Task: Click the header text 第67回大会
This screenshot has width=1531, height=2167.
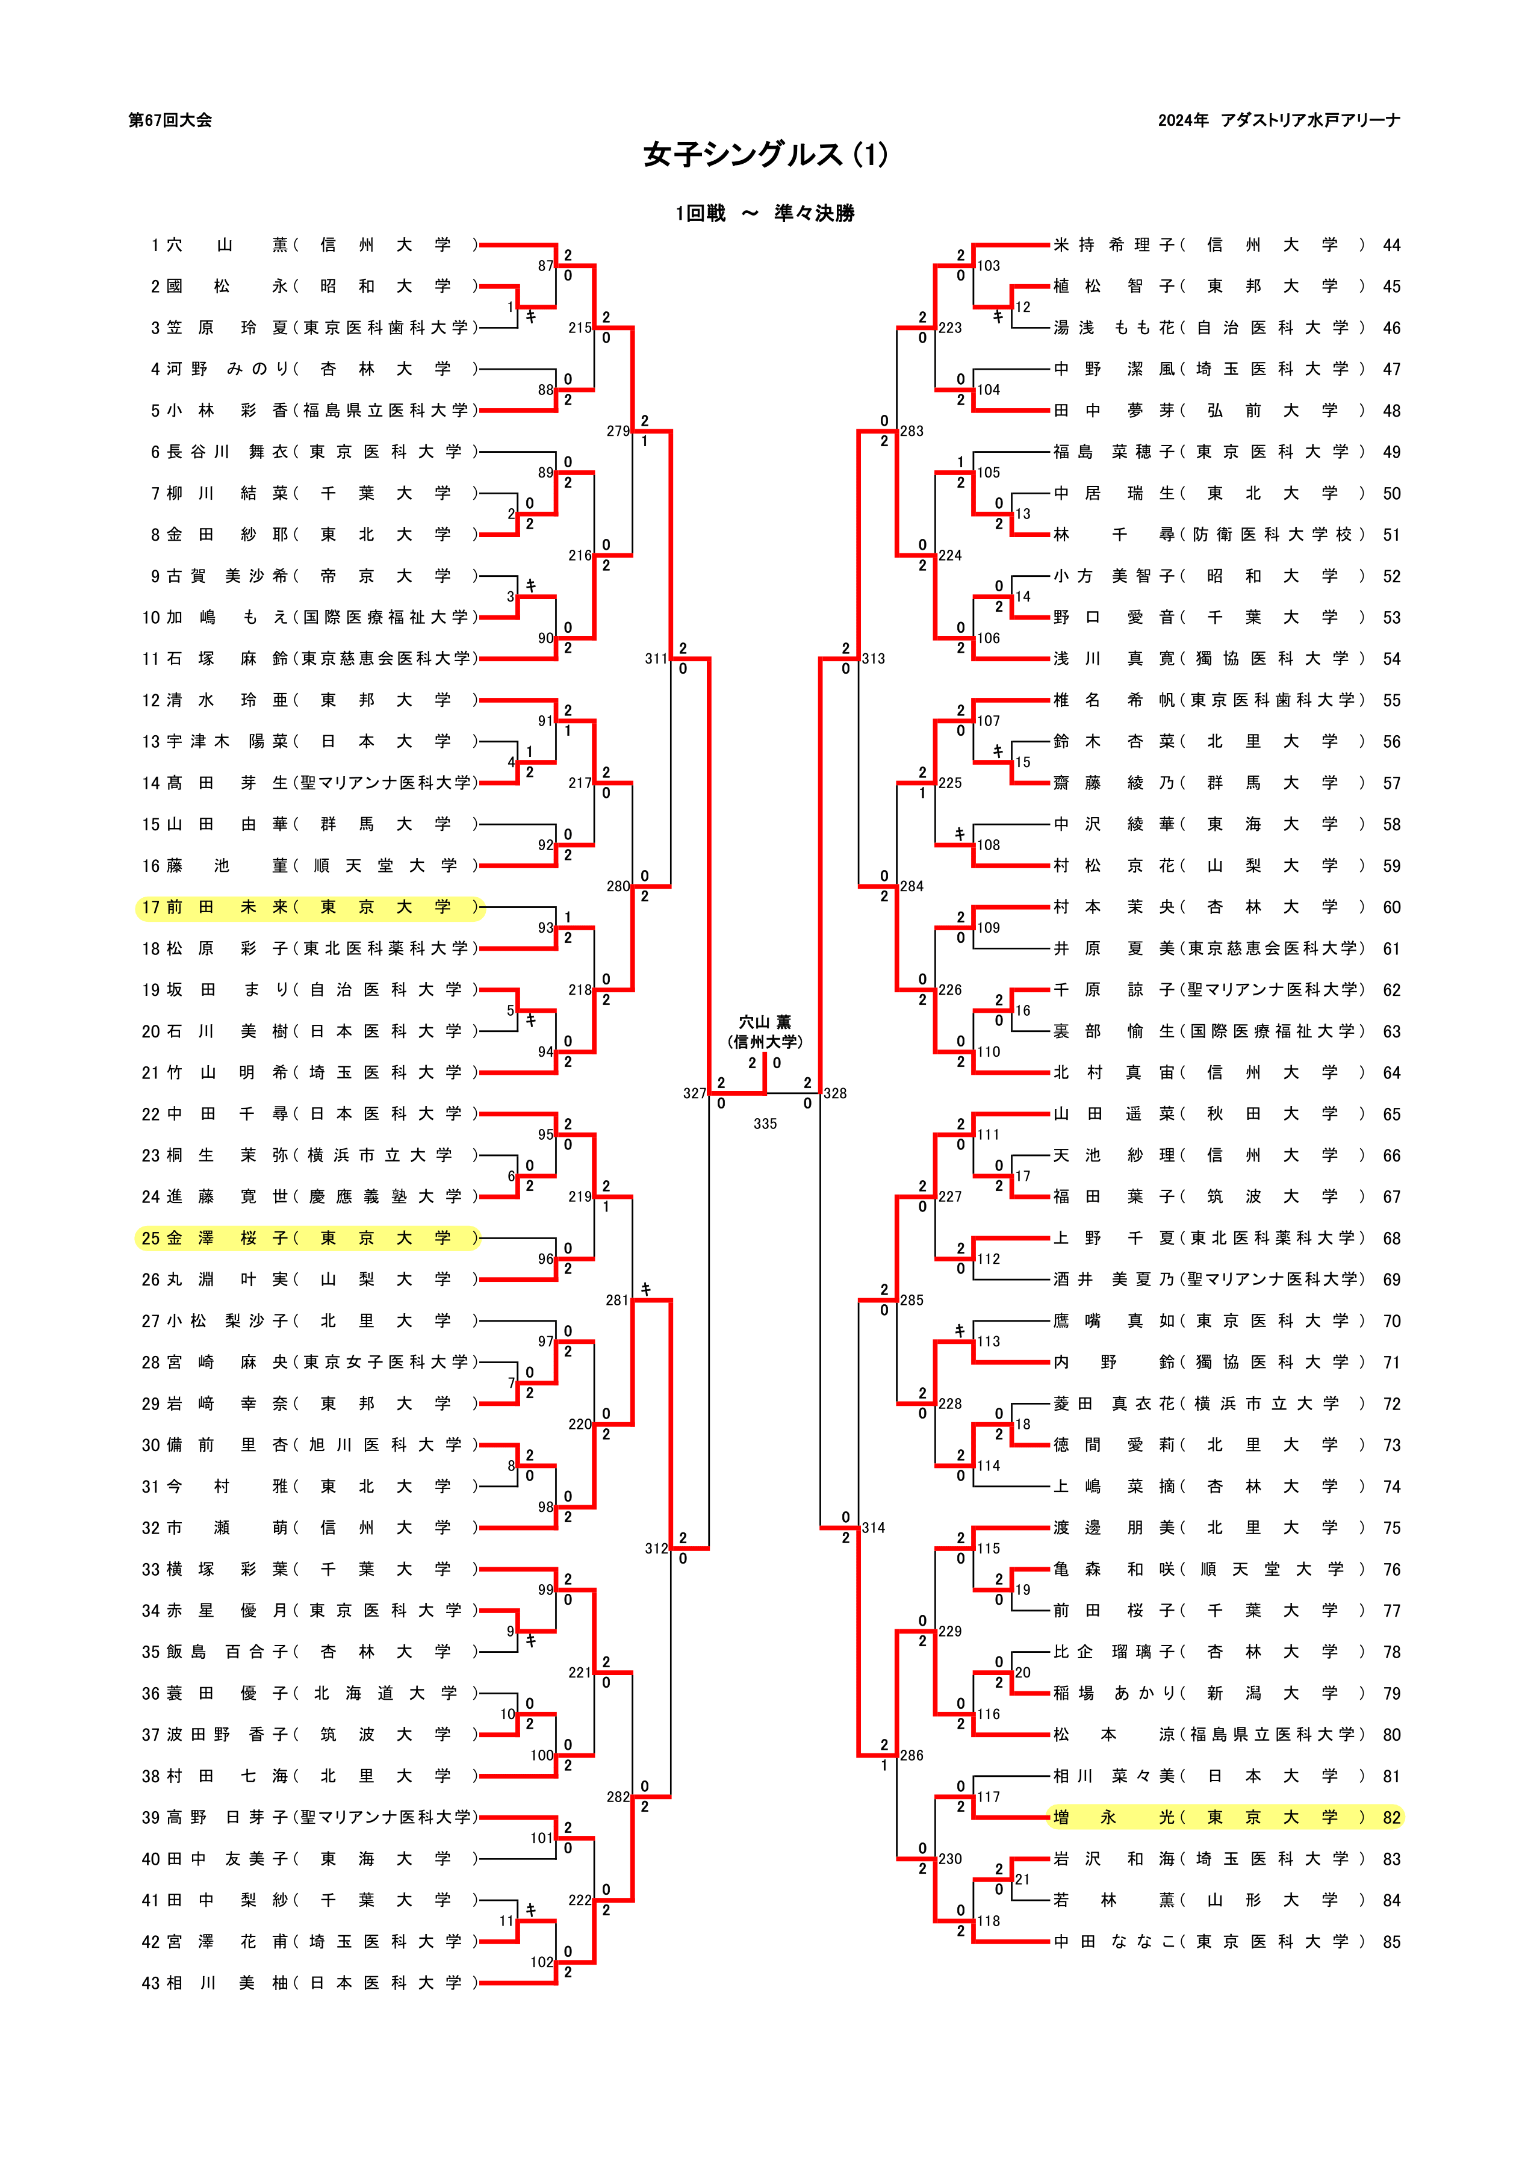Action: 170,120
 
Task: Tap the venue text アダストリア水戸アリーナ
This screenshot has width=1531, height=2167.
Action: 1310,120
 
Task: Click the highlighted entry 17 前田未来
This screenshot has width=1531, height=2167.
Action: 309,907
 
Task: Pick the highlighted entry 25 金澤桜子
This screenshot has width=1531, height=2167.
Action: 309,1237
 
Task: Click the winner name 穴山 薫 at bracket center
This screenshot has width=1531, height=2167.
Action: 765,1022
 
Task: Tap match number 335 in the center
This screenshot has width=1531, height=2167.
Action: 765,1123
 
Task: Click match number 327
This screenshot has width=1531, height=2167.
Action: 695,1093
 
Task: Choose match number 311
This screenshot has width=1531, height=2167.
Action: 657,659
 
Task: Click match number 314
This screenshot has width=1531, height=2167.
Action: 873,1527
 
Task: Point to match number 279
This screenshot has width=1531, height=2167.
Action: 618,431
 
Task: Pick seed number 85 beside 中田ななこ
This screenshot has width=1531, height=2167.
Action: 1391,1941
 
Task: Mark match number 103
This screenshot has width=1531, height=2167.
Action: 989,266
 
